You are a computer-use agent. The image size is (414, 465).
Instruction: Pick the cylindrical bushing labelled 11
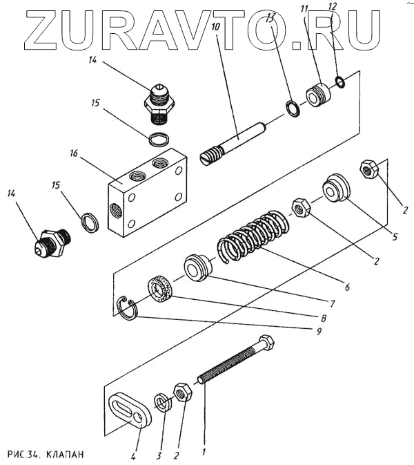(319, 95)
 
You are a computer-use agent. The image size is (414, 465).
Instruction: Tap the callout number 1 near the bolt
(204, 453)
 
